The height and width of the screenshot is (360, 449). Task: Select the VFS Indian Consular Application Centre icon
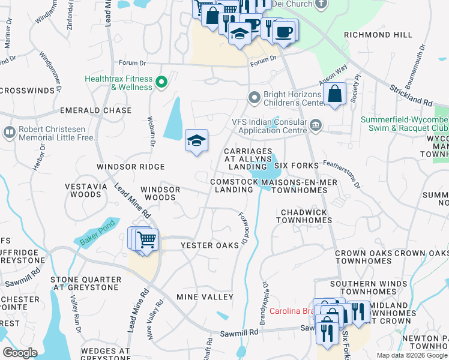point(316,125)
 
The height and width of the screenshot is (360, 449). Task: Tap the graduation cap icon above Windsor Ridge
point(196,141)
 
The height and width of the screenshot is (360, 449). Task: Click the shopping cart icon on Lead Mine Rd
point(146,240)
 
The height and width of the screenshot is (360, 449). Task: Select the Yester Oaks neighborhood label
point(209,245)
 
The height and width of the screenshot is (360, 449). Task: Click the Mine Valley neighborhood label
point(205,297)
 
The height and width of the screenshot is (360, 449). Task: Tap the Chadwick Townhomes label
point(304,216)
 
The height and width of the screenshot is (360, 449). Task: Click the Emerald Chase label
point(95,110)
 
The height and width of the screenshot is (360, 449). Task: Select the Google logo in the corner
point(20,353)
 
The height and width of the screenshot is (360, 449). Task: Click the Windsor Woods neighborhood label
point(160,193)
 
